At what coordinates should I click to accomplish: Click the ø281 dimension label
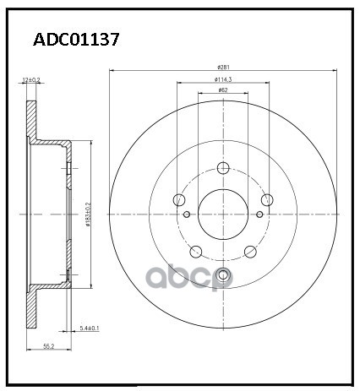click(x=224, y=66)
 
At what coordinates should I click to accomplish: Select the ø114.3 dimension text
click(x=224, y=79)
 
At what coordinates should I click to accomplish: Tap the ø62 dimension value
click(x=223, y=90)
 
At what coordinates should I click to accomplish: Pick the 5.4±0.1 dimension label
click(x=90, y=327)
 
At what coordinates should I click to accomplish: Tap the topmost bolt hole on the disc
click(x=223, y=166)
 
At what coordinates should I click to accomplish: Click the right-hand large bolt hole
click(x=268, y=200)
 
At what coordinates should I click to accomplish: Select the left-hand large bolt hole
click(x=178, y=200)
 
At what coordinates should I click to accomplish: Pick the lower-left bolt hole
click(x=196, y=251)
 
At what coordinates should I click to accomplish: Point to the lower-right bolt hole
click(x=250, y=251)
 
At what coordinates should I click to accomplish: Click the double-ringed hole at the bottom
click(x=223, y=274)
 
